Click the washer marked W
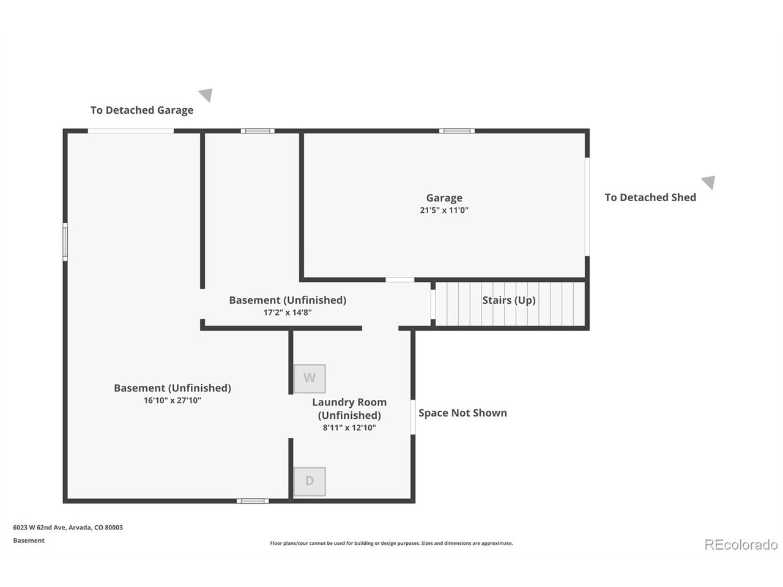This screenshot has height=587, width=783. pyautogui.click(x=310, y=378)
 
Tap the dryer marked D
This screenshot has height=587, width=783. pyautogui.click(x=310, y=481)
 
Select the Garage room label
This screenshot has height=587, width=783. pyautogui.click(x=443, y=198)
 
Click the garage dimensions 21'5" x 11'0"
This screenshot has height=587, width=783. pyautogui.click(x=443, y=210)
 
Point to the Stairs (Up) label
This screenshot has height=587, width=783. pyautogui.click(x=508, y=300)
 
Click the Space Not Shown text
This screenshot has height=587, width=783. pyautogui.click(x=462, y=413)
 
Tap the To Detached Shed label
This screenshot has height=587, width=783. pyautogui.click(x=650, y=197)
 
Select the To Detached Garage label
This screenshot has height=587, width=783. pyautogui.click(x=142, y=110)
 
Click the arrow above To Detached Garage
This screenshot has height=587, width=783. pyautogui.click(x=206, y=95)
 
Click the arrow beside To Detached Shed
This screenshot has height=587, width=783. pyautogui.click(x=708, y=182)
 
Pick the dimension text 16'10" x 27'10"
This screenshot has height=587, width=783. pyautogui.click(x=173, y=401)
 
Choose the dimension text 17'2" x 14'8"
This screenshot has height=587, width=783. pyautogui.click(x=288, y=312)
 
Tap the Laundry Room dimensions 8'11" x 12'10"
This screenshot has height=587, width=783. pyautogui.click(x=349, y=427)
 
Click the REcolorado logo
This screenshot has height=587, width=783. pyautogui.click(x=741, y=545)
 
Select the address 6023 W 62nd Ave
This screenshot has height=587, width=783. pyautogui.click(x=40, y=527)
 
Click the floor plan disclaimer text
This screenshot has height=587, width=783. pyautogui.click(x=391, y=543)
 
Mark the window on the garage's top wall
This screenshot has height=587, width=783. pyautogui.click(x=456, y=131)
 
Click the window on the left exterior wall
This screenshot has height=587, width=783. pyautogui.click(x=65, y=242)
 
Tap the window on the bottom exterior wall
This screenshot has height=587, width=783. pyautogui.click(x=253, y=501)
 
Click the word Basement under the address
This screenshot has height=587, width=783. pyautogui.click(x=29, y=541)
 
